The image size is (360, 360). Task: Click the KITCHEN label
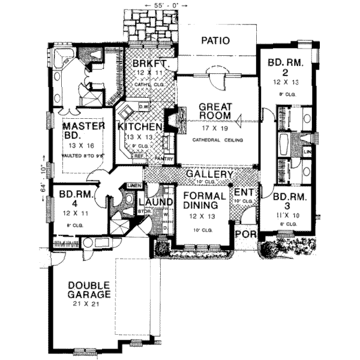[x=140, y=127]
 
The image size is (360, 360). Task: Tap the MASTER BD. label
[x=85, y=131]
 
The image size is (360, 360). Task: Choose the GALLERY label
[x=209, y=174]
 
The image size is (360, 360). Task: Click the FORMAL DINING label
[x=204, y=201]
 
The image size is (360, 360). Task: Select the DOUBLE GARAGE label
[x=89, y=291]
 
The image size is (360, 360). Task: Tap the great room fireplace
[x=170, y=120]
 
